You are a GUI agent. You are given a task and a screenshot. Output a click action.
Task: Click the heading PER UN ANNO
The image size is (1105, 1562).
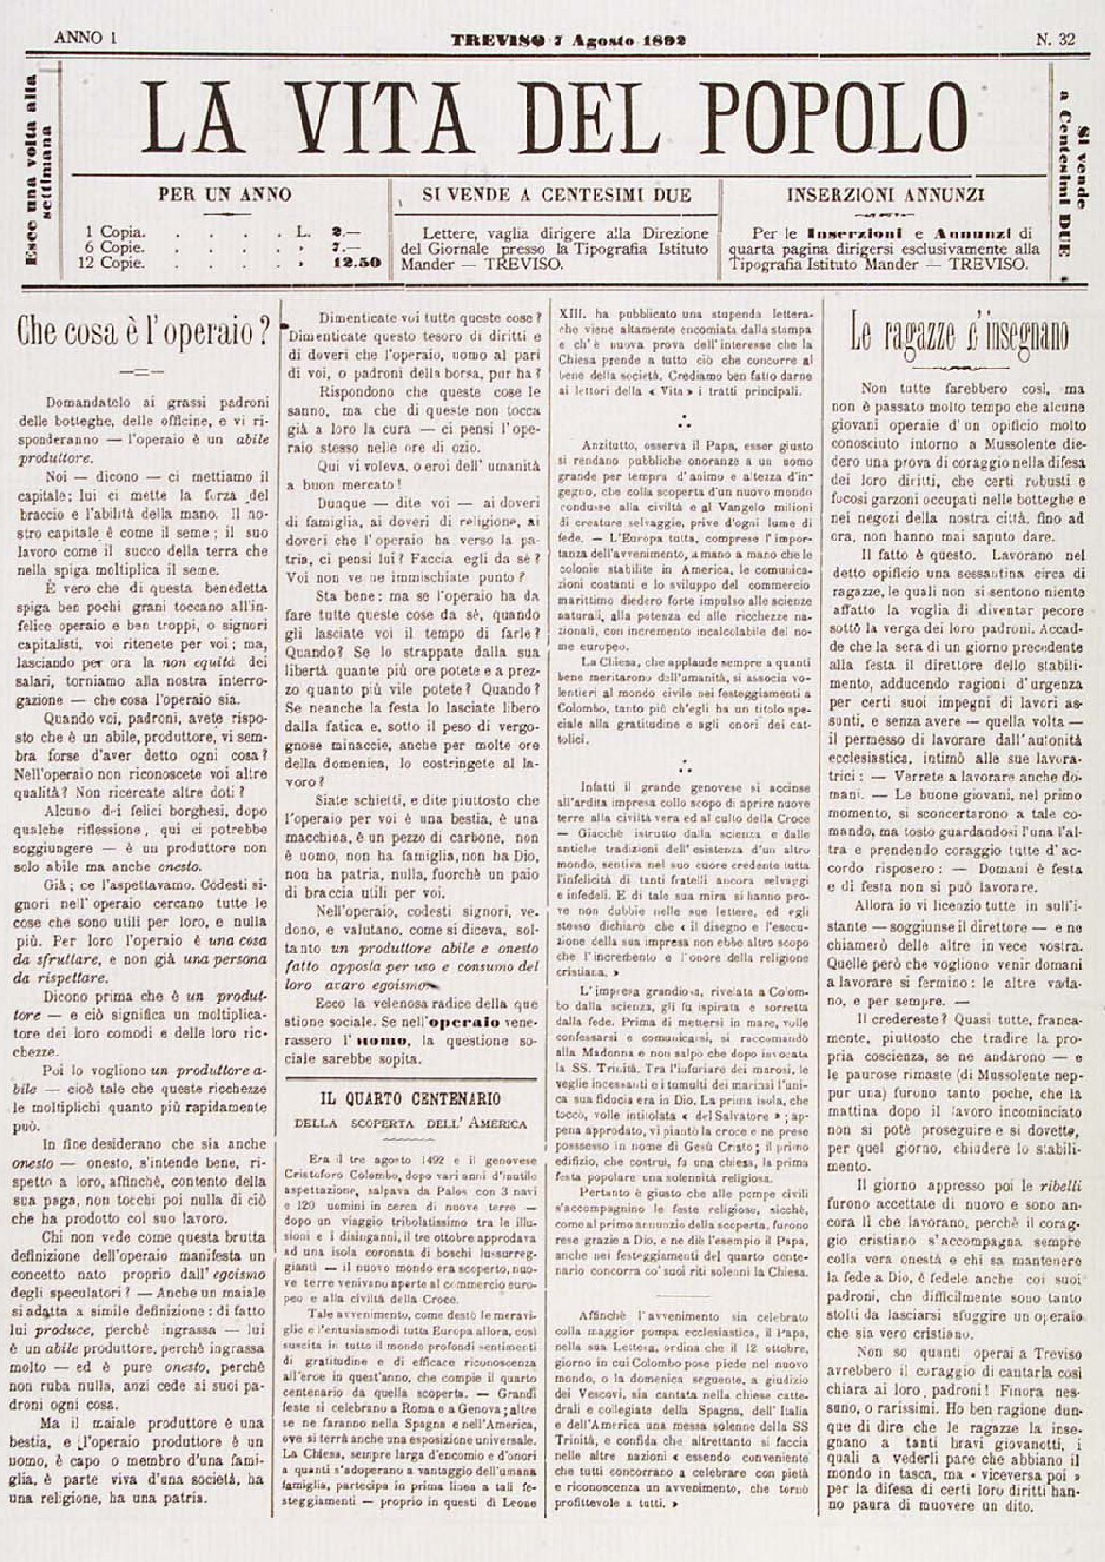(x=224, y=196)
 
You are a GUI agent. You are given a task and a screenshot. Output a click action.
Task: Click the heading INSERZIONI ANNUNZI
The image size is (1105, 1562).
(x=886, y=196)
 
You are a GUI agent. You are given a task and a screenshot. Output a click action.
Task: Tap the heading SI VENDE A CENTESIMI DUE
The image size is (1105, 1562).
(x=557, y=196)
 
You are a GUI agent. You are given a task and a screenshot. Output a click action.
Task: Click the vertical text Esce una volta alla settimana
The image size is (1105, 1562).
(x=38, y=170)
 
